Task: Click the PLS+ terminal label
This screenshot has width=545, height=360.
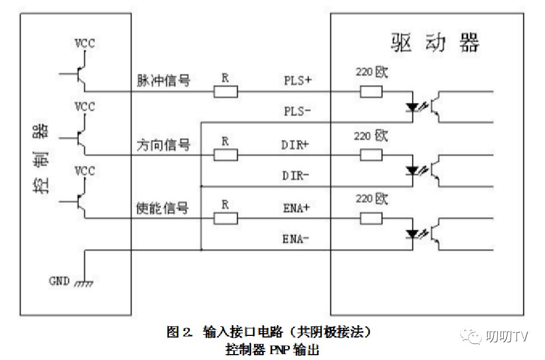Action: (297, 81)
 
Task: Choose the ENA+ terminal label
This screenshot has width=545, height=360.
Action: (296, 208)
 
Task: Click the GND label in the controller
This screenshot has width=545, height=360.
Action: (59, 280)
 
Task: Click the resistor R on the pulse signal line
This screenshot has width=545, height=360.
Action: (226, 92)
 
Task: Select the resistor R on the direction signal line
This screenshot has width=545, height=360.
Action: (226, 155)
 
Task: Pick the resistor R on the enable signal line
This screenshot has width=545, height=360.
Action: (226, 218)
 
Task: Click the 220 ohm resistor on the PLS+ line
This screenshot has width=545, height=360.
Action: (371, 92)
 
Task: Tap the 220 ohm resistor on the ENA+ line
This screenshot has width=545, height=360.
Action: (371, 218)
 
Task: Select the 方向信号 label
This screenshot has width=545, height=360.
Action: (163, 145)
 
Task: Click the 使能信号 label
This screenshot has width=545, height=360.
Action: (163, 208)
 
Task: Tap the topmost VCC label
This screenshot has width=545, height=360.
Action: (84, 43)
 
